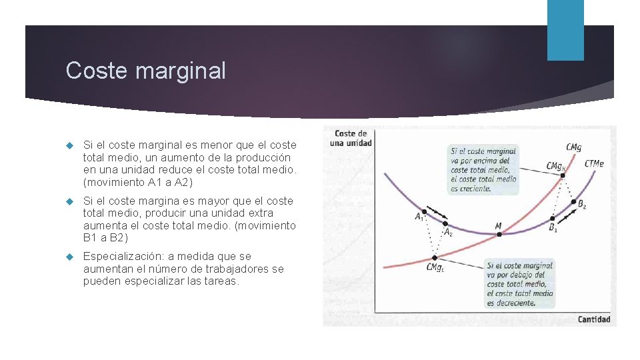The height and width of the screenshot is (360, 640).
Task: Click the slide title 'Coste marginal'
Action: (146, 71)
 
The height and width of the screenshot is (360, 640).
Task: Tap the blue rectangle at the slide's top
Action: (565, 29)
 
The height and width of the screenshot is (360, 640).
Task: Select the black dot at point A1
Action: (424, 211)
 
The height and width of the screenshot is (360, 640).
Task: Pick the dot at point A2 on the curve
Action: (445, 224)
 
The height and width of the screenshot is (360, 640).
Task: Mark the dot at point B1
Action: (552, 219)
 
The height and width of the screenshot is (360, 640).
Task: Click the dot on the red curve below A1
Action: (435, 257)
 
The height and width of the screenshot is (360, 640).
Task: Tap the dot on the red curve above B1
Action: (563, 176)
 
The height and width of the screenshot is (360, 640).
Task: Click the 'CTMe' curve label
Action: (594, 164)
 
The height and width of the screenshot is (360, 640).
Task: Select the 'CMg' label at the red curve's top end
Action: (573, 147)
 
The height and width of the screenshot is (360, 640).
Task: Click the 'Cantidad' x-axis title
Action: (593, 319)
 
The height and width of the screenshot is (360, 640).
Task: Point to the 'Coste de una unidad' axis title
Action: (351, 138)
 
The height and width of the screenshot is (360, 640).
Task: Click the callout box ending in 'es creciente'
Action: (483, 170)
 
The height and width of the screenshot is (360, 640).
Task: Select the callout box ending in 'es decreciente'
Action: (520, 284)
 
